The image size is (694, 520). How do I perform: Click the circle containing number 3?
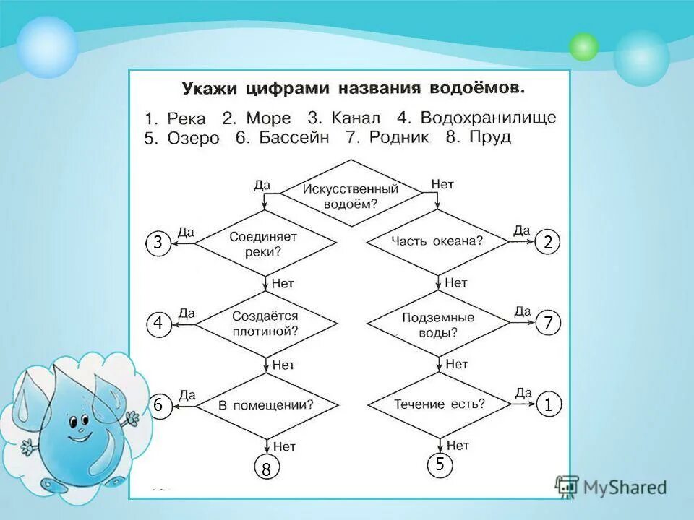(x=157, y=243)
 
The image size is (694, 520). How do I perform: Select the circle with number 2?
(x=548, y=243)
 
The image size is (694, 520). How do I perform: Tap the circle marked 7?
(x=548, y=324)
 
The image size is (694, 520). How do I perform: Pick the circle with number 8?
(x=266, y=469)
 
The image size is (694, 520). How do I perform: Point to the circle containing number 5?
(x=439, y=466)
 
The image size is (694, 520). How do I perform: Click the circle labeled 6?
(x=158, y=407)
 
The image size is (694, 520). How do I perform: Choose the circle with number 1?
(x=548, y=407)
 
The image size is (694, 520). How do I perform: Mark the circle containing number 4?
(x=158, y=324)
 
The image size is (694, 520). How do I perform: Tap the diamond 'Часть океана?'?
(x=437, y=242)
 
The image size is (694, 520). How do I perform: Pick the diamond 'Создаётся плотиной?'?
(x=265, y=324)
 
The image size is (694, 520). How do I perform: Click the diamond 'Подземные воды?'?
(x=437, y=324)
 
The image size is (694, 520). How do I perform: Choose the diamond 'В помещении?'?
(x=267, y=404)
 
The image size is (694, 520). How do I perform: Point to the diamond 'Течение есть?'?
(x=439, y=404)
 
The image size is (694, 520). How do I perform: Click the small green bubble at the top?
(x=583, y=47)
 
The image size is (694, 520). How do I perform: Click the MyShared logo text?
(x=623, y=487)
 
